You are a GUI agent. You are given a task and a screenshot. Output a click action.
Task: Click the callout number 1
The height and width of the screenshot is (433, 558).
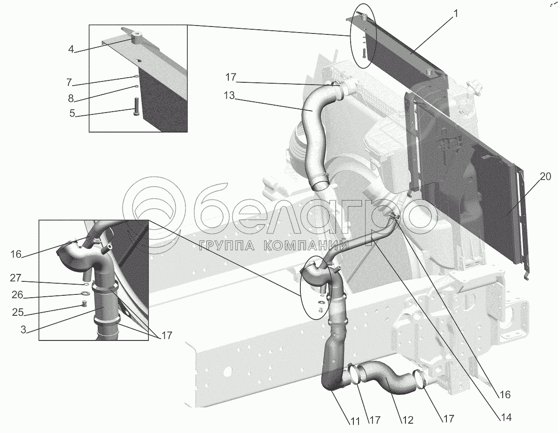pyautogui.click(x=456, y=14)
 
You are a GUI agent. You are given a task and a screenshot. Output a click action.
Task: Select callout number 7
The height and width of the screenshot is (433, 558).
pyautogui.click(x=69, y=82)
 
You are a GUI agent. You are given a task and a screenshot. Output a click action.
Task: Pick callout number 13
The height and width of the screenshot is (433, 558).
pyautogui.click(x=229, y=97)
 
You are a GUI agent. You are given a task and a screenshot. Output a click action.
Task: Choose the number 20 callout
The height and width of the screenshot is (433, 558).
pyautogui.click(x=545, y=176)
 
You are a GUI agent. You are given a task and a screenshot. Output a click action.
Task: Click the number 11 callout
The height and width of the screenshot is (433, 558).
pyautogui.click(x=355, y=421)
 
